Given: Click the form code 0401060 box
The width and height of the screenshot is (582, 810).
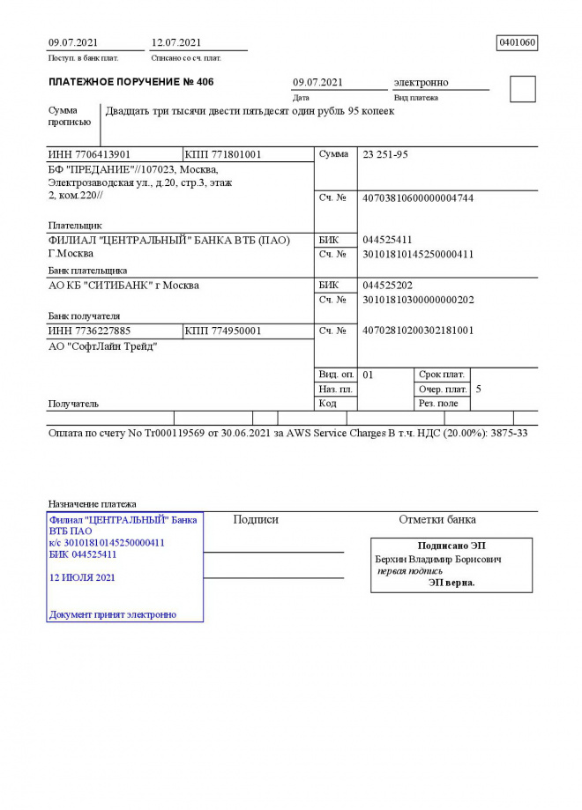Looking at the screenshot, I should pyautogui.click(x=518, y=42).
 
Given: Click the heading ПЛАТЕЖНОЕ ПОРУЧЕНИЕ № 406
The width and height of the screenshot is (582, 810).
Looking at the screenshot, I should pyautogui.click(x=131, y=82).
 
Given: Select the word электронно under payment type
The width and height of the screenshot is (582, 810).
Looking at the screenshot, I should pyautogui.click(x=421, y=82).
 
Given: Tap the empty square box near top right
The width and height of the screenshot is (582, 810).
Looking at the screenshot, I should pyautogui.click(x=522, y=89).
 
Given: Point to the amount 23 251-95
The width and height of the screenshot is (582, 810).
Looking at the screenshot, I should pyautogui.click(x=385, y=154).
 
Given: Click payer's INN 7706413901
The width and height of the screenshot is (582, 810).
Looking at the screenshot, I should pyautogui.click(x=89, y=154).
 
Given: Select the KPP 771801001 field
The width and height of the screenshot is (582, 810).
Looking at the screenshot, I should pyautogui.click(x=223, y=154).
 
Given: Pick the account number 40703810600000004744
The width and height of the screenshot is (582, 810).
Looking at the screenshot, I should pyautogui.click(x=418, y=197).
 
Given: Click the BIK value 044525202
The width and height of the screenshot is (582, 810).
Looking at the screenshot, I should pyautogui.click(x=387, y=286).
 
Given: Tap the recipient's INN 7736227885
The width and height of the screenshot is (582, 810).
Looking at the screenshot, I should pyautogui.click(x=89, y=331).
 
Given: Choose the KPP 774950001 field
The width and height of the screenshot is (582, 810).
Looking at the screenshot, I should pyautogui.click(x=223, y=331).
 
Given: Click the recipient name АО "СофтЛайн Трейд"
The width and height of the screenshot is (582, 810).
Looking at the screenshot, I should pyautogui.click(x=102, y=346).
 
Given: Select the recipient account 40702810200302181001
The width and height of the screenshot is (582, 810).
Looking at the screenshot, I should pyautogui.click(x=418, y=331).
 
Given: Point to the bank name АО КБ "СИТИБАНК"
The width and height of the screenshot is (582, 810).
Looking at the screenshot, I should pyautogui.click(x=123, y=286).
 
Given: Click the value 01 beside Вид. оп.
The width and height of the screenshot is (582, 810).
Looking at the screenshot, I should pyautogui.click(x=369, y=375).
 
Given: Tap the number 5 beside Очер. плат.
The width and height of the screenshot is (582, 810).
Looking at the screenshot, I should pyautogui.click(x=478, y=389).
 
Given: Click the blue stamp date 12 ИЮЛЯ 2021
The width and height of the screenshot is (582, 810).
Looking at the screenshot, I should pyautogui.click(x=83, y=577).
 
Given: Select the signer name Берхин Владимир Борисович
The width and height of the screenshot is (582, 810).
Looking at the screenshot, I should pyautogui.click(x=438, y=559).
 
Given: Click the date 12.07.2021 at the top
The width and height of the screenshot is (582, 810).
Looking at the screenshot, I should pyautogui.click(x=176, y=42).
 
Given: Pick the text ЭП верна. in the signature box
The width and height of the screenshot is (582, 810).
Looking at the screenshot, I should pyautogui.click(x=451, y=583).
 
